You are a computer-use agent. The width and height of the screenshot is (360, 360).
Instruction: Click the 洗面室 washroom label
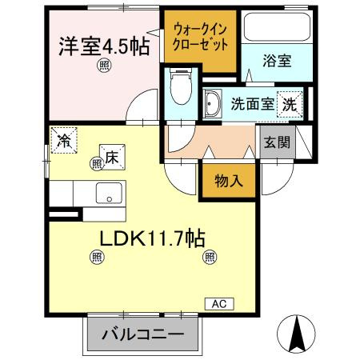tap(251, 102)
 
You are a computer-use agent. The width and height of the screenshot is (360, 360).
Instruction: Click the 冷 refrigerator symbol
tap(63, 140)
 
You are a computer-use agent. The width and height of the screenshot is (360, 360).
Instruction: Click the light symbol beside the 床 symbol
tap(96, 163)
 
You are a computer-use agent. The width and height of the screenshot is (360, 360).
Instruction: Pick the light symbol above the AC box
tap(210, 257)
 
